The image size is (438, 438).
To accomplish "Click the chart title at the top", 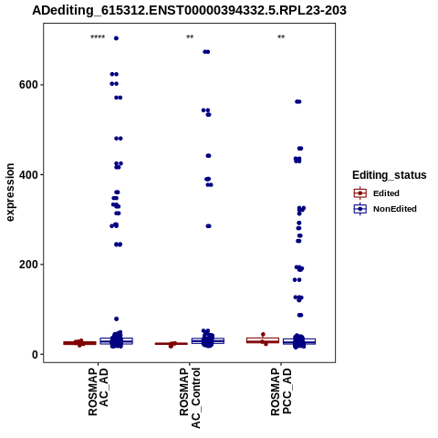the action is [x=189, y=10].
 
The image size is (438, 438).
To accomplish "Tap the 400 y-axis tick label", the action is [x=28, y=174].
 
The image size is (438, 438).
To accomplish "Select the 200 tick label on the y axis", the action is [x=28, y=265].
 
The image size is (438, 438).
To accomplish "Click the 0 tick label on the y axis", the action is [x=36, y=354].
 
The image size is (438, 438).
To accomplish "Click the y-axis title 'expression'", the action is [x=10, y=193].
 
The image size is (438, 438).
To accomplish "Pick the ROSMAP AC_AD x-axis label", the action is [x=99, y=391].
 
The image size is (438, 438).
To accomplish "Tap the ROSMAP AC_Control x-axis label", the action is [x=190, y=398].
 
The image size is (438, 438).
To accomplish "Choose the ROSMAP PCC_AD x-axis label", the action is [x=281, y=391].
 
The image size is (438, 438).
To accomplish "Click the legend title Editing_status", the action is [x=390, y=175].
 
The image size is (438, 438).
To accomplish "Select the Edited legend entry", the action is [x=376, y=193].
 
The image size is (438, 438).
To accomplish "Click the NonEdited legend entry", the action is [x=385, y=209].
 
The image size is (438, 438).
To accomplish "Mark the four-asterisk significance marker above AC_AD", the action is [x=98, y=37].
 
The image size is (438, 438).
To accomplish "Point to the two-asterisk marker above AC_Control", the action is [x=190, y=37].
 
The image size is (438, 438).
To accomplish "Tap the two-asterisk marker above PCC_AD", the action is [x=281, y=37].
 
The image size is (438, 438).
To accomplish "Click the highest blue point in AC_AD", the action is [x=116, y=38].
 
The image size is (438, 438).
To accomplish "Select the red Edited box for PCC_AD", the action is [x=263, y=340].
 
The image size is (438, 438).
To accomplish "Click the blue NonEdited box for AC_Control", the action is [x=208, y=341].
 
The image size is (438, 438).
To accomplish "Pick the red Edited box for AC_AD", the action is [x=79, y=343].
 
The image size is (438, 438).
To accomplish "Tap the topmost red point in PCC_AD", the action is [x=263, y=334].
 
